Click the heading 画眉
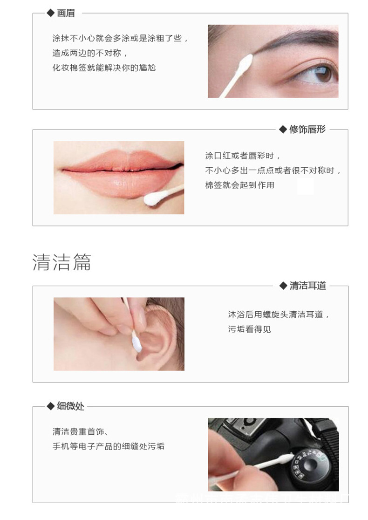coord(66,13)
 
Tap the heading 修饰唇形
coord(307,130)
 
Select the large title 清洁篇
coord(61,262)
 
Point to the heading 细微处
coord(70,406)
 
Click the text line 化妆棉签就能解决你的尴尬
coord(104,68)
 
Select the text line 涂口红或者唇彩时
coord(243,156)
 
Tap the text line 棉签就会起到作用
coord(239,185)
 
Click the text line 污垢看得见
coord(249,329)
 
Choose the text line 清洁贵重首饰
coord(80,431)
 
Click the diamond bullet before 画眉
coord(51,13)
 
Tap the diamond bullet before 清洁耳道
coord(283,286)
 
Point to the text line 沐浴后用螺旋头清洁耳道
coord(278,315)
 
